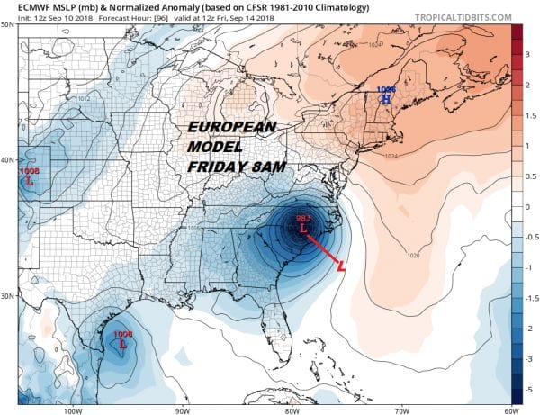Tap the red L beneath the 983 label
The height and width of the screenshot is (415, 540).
pos(302,230)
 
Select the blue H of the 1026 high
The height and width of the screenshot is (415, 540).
pos(386,99)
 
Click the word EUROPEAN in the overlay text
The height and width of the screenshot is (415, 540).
pos(235,128)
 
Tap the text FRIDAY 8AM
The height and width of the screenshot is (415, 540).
pos(234,166)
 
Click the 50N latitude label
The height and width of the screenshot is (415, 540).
pos(8,24)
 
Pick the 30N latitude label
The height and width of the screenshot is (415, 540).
pos(8,296)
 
